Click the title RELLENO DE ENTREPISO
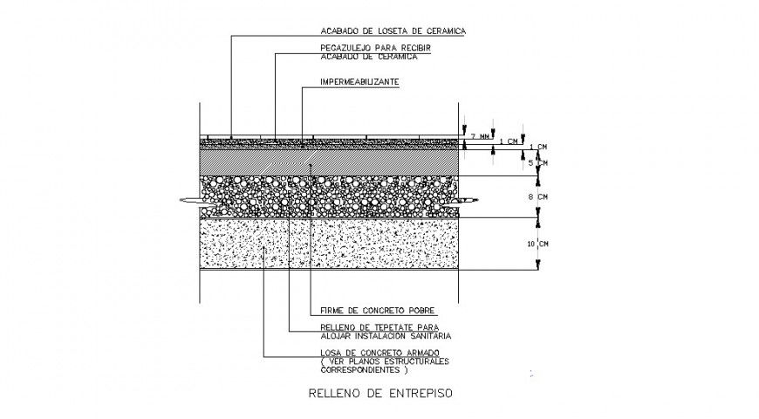(381, 393)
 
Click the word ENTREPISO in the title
(417, 393)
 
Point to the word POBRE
(420, 310)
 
